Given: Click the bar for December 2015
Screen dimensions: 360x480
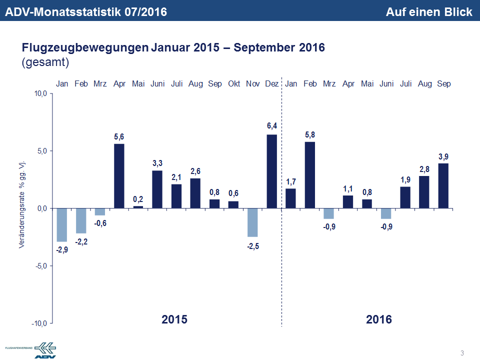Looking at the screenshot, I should (x=272, y=171).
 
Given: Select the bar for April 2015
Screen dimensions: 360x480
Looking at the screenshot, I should (x=119, y=176).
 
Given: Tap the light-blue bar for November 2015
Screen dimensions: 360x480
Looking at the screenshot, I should (x=253, y=222).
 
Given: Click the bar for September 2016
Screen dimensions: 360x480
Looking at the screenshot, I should (x=443, y=185).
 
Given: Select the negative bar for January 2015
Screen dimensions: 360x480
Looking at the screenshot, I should (x=62, y=225).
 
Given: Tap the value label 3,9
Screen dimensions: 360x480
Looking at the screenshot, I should (x=443, y=157).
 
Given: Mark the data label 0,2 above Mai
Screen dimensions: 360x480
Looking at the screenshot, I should (x=138, y=199).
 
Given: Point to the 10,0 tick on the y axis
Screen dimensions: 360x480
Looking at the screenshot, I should (x=40, y=94).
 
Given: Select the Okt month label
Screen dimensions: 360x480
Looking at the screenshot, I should (x=234, y=84).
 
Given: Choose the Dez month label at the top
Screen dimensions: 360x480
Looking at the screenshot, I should (x=272, y=84).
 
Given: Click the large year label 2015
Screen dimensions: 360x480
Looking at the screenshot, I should (x=174, y=319).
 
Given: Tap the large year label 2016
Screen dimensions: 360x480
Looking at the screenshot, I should (x=379, y=319).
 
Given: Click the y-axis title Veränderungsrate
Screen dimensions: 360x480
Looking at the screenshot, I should (x=22, y=205).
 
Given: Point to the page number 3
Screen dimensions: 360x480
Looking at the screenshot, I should (x=462, y=353).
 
